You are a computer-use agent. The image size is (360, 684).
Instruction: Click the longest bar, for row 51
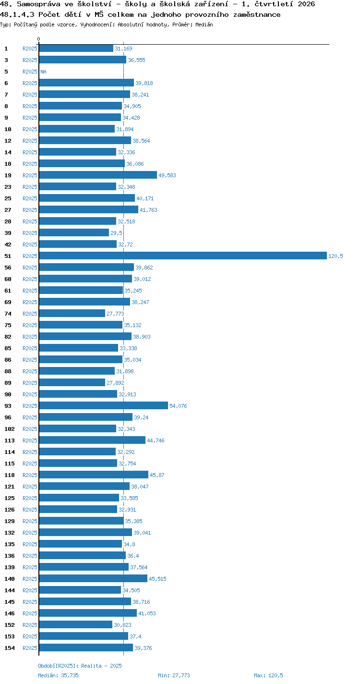183,256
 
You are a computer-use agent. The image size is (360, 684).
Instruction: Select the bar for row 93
104,405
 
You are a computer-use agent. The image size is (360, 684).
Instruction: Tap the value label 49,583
167,175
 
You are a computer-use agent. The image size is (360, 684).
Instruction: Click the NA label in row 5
43,72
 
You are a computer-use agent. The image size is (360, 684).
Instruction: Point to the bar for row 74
72,313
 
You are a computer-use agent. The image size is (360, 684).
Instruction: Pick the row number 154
10,647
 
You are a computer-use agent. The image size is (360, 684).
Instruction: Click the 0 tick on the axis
39,39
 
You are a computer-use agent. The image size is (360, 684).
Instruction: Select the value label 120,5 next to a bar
336,256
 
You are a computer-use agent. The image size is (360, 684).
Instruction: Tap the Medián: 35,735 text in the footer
58,675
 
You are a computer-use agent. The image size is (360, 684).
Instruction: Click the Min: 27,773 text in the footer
174,675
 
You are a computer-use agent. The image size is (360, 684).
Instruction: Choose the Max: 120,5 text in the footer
268,675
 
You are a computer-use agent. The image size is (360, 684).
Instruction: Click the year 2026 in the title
306,4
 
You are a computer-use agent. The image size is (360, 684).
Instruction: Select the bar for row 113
93,440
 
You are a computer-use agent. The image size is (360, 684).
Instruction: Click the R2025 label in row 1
30,49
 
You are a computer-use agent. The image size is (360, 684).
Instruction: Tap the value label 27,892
115,383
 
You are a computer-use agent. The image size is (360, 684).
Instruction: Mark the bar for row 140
93,578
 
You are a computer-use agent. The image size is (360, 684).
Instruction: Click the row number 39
8,233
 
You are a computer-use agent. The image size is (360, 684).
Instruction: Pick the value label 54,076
178,406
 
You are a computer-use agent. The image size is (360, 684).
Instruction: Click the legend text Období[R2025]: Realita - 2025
80,666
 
